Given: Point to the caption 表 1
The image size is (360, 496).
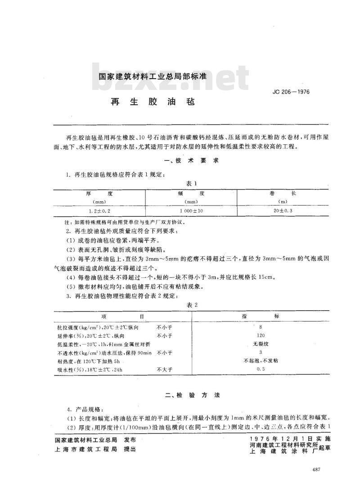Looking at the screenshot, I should [x=192, y=183].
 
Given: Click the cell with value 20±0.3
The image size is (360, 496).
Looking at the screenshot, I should [x=283, y=210].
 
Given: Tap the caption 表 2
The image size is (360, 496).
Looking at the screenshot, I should [x=192, y=305].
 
